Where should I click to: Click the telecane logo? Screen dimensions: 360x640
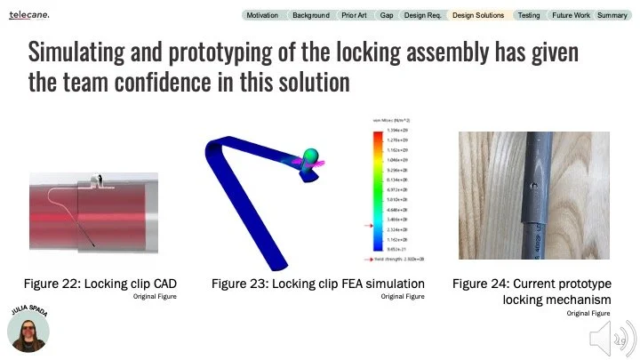pyautogui.click(x=29, y=15)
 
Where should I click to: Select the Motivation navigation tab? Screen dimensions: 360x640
pyautogui.click(x=262, y=15)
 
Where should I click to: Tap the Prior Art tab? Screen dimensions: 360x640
pyautogui.click(x=355, y=15)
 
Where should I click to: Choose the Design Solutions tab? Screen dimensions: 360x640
pyautogui.click(x=477, y=15)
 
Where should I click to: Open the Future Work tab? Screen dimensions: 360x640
pyautogui.click(x=571, y=15)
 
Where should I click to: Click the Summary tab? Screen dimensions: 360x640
pyautogui.click(x=612, y=15)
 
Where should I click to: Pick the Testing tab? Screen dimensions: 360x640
pyautogui.click(x=529, y=15)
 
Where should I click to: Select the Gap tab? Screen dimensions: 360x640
pyautogui.click(x=387, y=15)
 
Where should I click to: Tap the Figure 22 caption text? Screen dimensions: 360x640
pyautogui.click(x=100, y=284)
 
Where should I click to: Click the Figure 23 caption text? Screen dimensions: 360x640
pyautogui.click(x=317, y=284)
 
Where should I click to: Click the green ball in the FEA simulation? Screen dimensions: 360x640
pyautogui.click(x=311, y=156)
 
